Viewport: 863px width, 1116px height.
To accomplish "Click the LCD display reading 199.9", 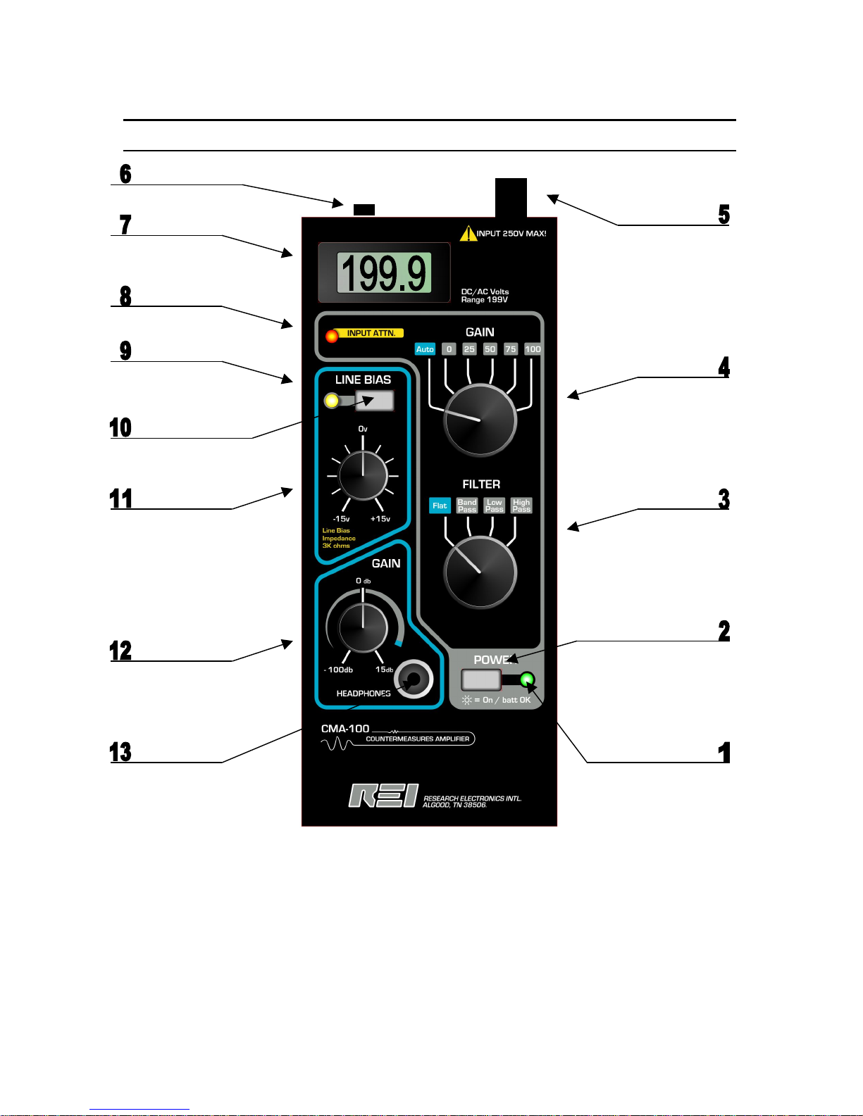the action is (x=384, y=272).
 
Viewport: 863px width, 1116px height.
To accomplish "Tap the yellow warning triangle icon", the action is (x=468, y=234).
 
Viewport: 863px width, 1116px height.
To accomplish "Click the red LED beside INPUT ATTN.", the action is (x=332, y=337).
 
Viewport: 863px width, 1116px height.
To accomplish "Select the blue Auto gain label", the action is (x=425, y=349).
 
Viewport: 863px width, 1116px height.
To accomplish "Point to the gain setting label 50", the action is (x=490, y=349).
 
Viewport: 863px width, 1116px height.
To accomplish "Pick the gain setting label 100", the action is (x=533, y=349).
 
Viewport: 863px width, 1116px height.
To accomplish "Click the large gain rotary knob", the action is (x=480, y=420).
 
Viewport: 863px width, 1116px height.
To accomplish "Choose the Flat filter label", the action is (x=440, y=506).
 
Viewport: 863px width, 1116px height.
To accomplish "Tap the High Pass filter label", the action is (x=521, y=506).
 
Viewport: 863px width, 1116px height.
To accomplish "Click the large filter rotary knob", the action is (x=480, y=572).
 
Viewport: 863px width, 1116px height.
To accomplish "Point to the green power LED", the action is (x=527, y=680).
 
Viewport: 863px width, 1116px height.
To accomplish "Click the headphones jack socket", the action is (x=414, y=679).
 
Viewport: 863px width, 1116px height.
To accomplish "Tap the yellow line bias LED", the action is (x=332, y=401).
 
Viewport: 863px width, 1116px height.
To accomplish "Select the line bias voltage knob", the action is (x=364, y=475).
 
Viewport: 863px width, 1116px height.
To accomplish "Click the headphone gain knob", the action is (x=364, y=627).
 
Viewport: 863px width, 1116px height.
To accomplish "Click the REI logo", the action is (x=383, y=796).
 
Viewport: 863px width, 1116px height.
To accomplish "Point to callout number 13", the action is (x=120, y=752).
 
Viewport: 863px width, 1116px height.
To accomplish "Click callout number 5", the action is (x=724, y=214).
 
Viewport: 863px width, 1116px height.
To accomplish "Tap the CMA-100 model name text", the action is (x=345, y=729).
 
